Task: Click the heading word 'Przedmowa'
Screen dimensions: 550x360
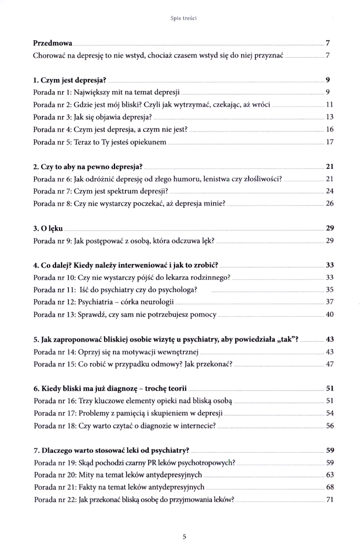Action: pos(53,43)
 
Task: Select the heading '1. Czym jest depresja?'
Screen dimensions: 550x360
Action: pos(69,80)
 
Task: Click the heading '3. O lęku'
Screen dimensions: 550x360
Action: pos(48,228)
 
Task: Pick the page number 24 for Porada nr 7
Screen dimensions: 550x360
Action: pos(330,191)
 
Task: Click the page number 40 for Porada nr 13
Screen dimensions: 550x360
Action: pos(330,315)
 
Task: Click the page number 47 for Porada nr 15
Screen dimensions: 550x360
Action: pos(330,364)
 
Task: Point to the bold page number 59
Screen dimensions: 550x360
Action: pos(330,450)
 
